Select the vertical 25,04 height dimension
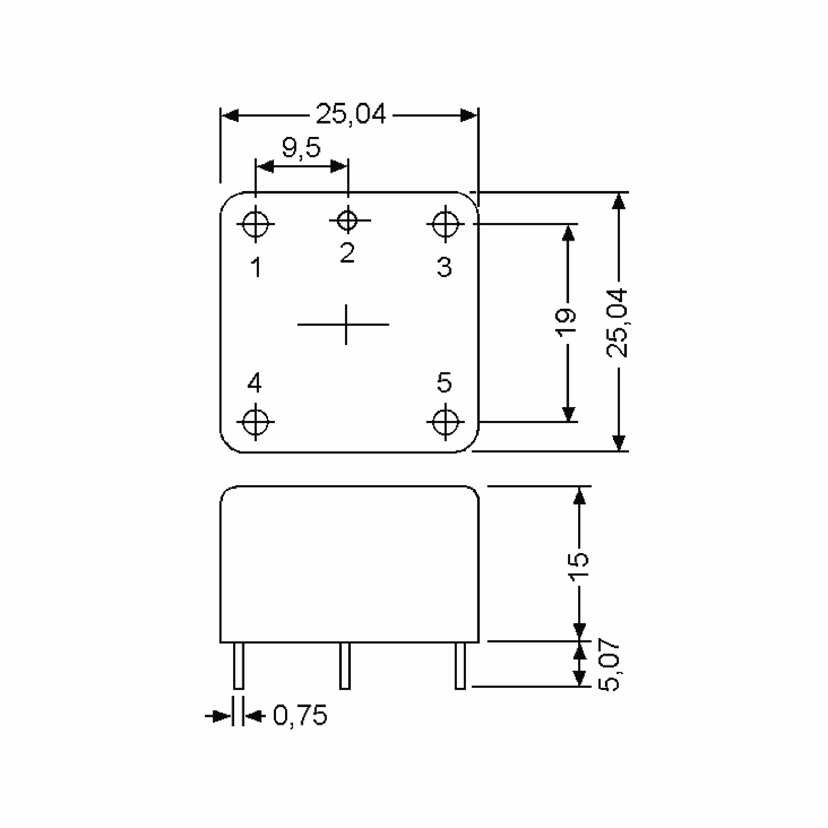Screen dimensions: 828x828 618,323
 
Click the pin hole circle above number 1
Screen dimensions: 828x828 255,224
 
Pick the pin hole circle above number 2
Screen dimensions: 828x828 347,221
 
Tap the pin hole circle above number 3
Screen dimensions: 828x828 445,224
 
